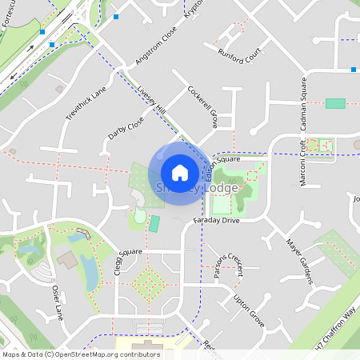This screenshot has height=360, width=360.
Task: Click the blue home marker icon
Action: [180, 172]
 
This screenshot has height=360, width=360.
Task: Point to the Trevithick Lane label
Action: [86, 104]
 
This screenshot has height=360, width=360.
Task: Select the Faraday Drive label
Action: [216, 219]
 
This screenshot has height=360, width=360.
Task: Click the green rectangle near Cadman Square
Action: [336, 103]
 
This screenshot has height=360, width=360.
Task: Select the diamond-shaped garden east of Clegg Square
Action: [149, 282]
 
